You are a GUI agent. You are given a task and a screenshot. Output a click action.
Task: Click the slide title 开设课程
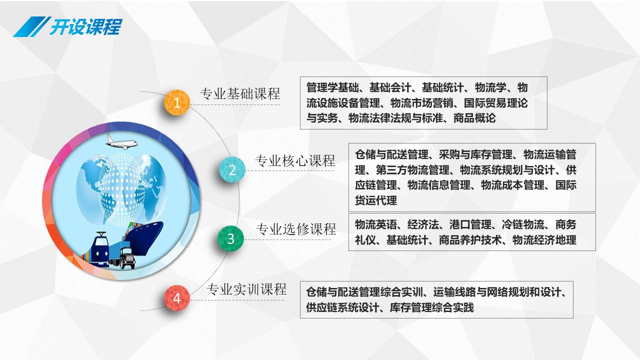86,26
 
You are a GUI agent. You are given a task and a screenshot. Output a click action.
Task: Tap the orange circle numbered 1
177,102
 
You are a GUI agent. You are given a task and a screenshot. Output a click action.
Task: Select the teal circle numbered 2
232,169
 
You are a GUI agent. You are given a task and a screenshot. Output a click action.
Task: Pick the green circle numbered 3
230,238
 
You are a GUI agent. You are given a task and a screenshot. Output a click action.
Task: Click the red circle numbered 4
177,298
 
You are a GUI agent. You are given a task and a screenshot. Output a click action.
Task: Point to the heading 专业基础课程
240,93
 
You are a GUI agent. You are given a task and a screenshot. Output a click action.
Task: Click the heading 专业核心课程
295,160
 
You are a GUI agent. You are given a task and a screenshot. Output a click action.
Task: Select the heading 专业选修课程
295,229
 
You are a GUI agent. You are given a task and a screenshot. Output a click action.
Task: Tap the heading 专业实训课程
246,289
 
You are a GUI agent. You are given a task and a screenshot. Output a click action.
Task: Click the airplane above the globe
121,141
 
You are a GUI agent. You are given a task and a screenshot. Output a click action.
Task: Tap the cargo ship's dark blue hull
145,238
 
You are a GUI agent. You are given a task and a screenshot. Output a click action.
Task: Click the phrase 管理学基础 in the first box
332,87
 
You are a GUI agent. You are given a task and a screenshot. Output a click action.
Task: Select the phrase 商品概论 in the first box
474,118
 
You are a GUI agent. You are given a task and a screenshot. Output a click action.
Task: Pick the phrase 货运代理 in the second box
376,200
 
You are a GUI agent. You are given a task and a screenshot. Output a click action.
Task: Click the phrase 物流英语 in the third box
376,224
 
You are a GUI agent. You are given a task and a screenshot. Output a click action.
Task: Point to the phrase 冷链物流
523,224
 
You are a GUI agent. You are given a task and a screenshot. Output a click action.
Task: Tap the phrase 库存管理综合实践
431,307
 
